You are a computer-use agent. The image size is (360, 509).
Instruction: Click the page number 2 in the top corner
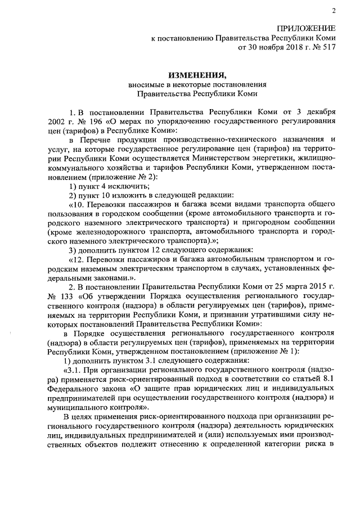(333, 11)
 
